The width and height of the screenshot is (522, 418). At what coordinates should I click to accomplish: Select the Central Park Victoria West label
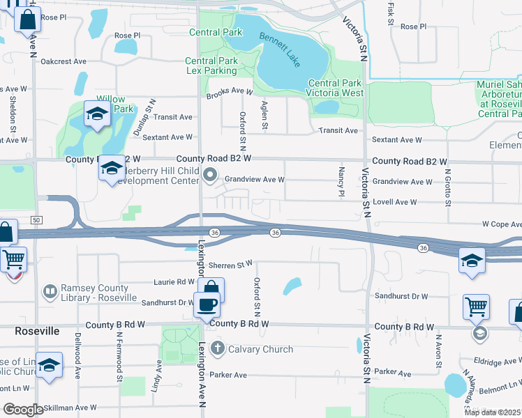click(336, 88)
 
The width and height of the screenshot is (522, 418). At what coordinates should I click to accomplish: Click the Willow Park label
click(114, 104)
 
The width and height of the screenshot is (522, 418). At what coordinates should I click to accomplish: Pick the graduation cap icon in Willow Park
click(96, 113)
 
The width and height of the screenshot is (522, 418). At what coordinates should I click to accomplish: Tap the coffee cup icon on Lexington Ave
click(206, 304)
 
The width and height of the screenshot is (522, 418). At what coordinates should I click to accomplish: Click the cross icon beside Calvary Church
click(217, 348)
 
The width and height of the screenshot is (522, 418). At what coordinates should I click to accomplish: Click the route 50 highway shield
click(36, 220)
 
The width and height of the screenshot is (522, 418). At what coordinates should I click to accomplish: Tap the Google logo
click(23, 410)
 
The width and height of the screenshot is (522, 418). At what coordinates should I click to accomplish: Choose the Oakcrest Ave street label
click(63, 61)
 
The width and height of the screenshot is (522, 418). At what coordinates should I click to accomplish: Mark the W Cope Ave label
click(501, 224)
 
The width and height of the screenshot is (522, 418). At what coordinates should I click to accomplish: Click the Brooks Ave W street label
click(229, 91)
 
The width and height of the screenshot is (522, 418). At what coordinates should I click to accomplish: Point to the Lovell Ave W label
click(394, 202)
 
